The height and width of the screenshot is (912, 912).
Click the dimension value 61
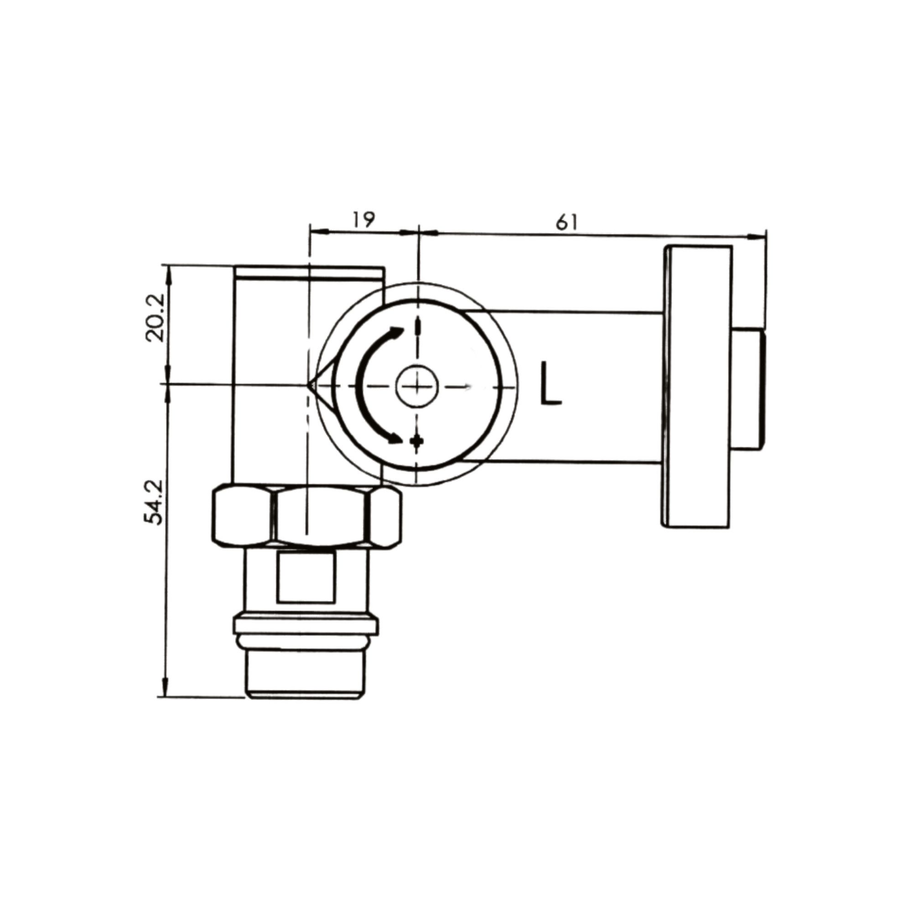coord(566,223)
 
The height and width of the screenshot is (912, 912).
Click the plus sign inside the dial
coord(416,441)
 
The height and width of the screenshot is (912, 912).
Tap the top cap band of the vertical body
coord(309,272)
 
